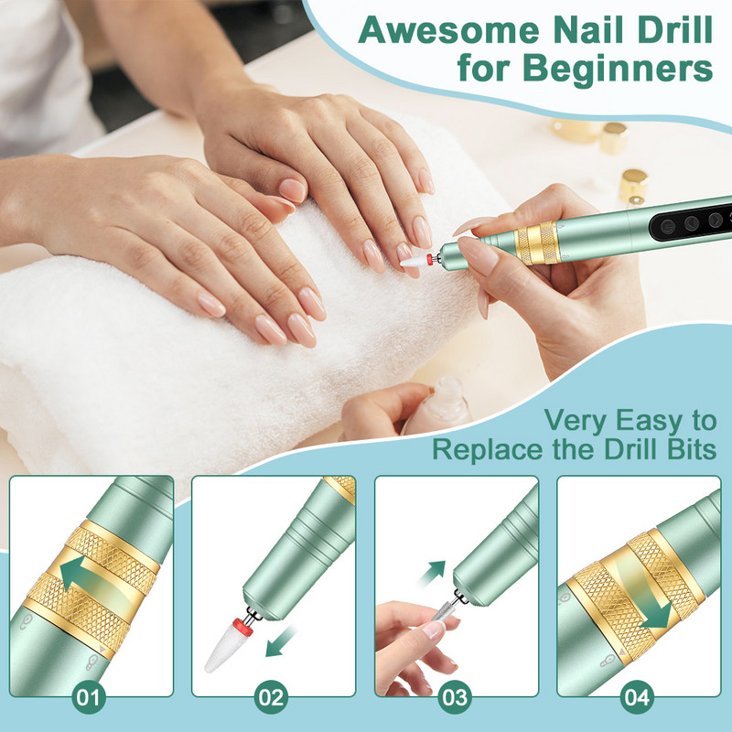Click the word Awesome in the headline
coord(449,30)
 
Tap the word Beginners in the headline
coord(618,69)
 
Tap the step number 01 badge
coord(89,698)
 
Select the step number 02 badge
coord(271,698)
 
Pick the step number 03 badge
coord(454,698)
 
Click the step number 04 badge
coord(637,698)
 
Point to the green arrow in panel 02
coord(279,643)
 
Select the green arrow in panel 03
coord(432,572)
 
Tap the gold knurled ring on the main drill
coord(537,243)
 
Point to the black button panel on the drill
coord(690,223)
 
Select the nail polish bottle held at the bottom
coord(436,405)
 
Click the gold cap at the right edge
coord(633,186)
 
